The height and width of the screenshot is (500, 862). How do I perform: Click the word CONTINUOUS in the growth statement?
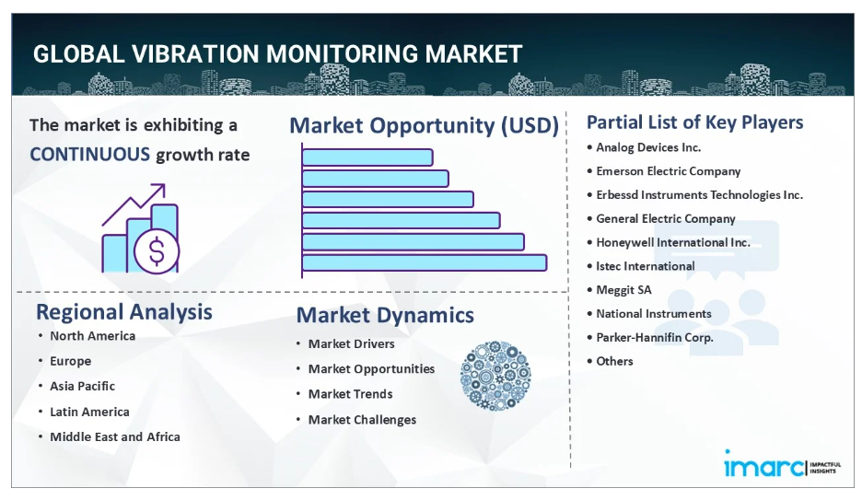tap(89, 155)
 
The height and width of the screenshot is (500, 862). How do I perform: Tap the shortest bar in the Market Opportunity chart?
tap(367, 157)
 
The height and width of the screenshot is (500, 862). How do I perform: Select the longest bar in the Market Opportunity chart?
tap(425, 262)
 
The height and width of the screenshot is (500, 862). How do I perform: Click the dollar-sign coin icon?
tap(157, 251)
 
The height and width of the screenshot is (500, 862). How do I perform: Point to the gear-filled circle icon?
tap(495, 376)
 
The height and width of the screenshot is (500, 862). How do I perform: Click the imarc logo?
tap(782, 465)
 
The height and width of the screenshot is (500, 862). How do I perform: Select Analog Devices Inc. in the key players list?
tap(648, 147)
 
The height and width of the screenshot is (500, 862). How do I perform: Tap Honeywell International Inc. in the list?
tap(673, 242)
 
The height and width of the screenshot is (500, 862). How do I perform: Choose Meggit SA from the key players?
tap(623, 290)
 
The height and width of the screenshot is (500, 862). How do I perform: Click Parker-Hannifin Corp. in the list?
tap(655, 337)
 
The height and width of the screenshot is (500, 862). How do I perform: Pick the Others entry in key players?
tap(614, 361)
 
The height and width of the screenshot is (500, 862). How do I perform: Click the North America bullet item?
tap(92, 336)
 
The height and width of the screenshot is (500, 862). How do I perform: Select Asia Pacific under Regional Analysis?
tap(83, 386)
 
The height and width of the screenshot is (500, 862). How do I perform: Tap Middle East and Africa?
tap(115, 436)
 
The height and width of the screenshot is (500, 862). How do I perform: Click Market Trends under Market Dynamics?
tap(350, 394)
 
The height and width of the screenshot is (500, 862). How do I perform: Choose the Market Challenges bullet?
tap(362, 420)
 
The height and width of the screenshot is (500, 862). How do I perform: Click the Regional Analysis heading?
tap(124, 312)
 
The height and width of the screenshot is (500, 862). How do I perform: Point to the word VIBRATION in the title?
tap(195, 53)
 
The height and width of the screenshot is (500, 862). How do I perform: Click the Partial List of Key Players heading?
tap(695, 122)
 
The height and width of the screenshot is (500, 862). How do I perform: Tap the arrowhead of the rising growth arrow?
tap(160, 190)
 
